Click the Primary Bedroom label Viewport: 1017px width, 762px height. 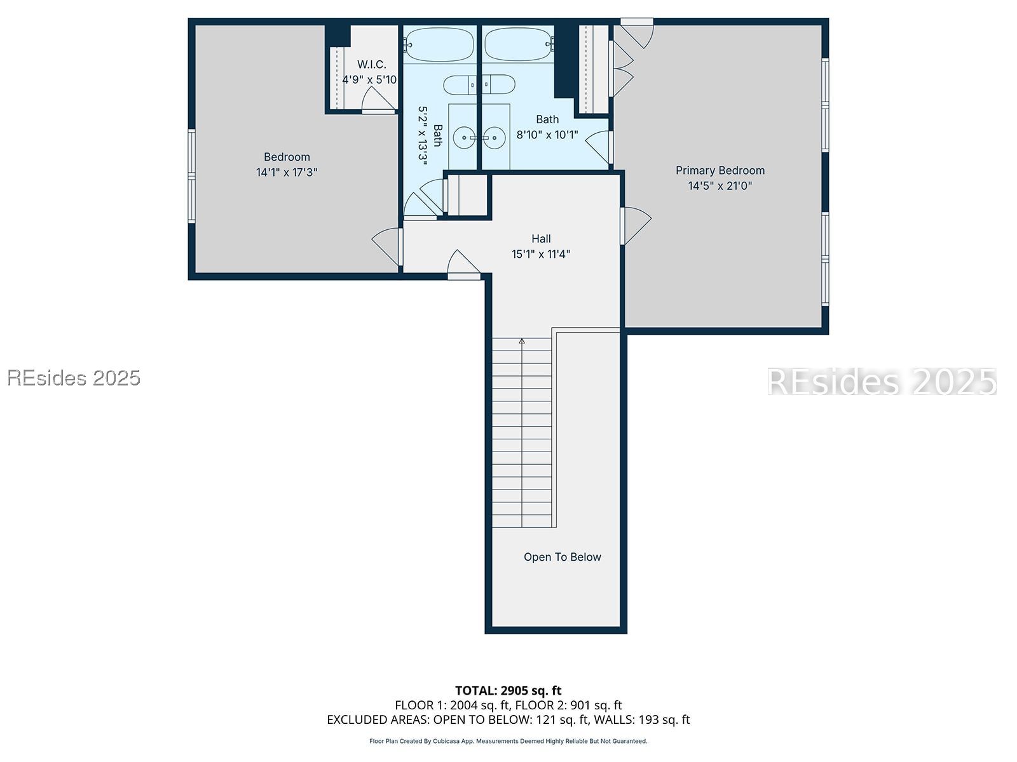tap(720, 170)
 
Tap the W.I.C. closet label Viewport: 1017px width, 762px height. tap(371, 65)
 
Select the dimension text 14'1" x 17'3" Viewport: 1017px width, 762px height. tap(287, 172)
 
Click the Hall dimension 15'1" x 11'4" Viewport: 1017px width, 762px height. tap(541, 254)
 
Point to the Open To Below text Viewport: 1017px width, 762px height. tap(562, 557)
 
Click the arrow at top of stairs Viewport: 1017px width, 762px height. tap(522, 342)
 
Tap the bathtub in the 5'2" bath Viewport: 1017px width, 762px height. tap(439, 44)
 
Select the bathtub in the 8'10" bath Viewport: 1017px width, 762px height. tap(519, 44)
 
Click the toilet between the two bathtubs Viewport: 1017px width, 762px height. tap(479, 84)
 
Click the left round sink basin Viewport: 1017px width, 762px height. tap(463, 137)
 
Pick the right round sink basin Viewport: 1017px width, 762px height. tap(494, 137)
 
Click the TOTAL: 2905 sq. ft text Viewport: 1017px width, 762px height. tap(508, 690)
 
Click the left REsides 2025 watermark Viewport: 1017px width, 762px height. tap(74, 378)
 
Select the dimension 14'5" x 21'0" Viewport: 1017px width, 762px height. tap(720, 186)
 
